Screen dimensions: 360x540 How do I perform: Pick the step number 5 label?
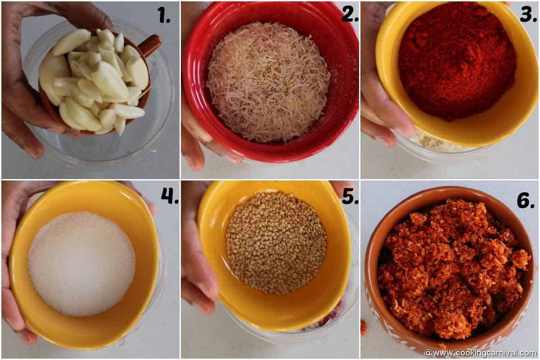[x=350, y=196]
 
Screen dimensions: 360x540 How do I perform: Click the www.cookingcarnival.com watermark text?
[x=480, y=353]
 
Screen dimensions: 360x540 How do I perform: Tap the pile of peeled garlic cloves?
[x=97, y=81]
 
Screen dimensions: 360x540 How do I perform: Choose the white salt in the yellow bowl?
[x=81, y=263]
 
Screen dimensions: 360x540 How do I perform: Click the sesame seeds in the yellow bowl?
[x=276, y=242]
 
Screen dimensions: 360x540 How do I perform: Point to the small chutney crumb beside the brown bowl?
[x=364, y=327]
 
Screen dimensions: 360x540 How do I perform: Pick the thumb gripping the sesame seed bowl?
[x=198, y=270]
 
